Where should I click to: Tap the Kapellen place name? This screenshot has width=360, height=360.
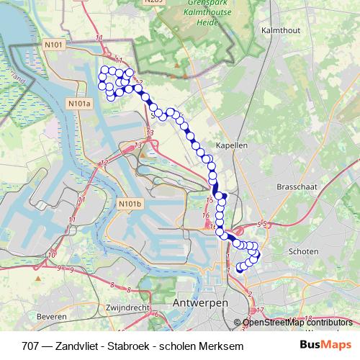pos(232,145)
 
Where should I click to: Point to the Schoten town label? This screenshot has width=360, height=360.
pos(302,251)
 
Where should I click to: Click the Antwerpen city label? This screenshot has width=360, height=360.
pos(201,304)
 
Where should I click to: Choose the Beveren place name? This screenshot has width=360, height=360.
pos(52,316)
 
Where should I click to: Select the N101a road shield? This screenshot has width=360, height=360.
pos(82,104)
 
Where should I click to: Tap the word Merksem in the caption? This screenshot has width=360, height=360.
pos(221,346)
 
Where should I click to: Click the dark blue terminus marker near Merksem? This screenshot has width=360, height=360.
pos(240,269)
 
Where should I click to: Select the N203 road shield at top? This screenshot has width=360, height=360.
pos(150,2)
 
